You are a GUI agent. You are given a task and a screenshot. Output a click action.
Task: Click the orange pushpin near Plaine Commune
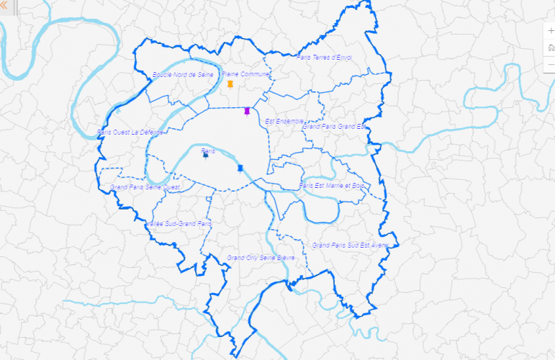click(x=230, y=84)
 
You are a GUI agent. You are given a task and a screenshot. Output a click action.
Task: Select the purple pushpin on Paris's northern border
click(x=247, y=111)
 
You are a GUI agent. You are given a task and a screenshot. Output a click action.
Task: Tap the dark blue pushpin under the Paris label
click(x=205, y=155)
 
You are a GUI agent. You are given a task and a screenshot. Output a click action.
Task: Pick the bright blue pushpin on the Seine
click(x=240, y=168)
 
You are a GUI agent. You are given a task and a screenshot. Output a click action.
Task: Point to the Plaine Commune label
click(x=245, y=73)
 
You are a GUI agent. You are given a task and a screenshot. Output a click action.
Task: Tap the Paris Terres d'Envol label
click(x=324, y=57)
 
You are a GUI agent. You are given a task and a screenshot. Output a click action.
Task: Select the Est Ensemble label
click(x=284, y=121)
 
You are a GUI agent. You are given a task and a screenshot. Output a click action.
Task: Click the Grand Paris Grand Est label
click(x=335, y=126)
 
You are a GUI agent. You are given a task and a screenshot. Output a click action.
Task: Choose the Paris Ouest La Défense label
click(x=132, y=132)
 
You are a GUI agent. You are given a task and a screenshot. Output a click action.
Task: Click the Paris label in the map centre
click(x=208, y=150)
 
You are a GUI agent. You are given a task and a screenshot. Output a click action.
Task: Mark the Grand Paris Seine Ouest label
click(x=145, y=186)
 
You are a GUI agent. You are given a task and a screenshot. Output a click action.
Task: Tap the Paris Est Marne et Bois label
click(x=332, y=185)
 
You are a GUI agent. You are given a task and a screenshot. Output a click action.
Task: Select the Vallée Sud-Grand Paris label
click(x=180, y=223)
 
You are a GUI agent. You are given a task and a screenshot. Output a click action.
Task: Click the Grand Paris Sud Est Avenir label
click(x=351, y=245)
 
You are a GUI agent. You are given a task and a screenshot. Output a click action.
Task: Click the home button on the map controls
click(x=551, y=48)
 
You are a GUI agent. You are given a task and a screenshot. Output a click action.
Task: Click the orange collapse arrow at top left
click(x=4, y=4)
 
